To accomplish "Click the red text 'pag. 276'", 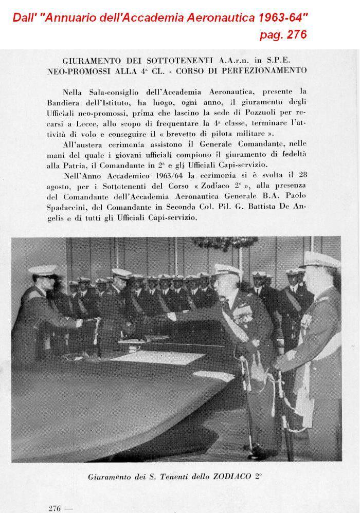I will click(283, 35).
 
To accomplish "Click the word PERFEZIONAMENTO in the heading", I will click(269, 70).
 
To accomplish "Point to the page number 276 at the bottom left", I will click(55, 508).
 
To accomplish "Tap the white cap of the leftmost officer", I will click(43, 269).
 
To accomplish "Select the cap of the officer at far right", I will click(320, 261).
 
